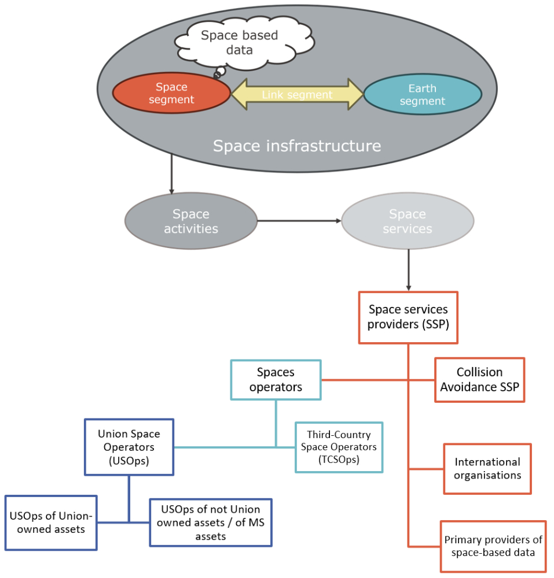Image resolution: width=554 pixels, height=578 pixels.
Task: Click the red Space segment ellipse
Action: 171,94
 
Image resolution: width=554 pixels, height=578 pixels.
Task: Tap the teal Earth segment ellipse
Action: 423,95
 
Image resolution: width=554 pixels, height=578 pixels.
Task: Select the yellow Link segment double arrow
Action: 297,94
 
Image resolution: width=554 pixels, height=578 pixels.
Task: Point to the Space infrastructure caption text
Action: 296,145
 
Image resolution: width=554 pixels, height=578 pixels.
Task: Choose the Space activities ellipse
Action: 190,221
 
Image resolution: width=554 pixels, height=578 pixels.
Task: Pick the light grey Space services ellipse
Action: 408,221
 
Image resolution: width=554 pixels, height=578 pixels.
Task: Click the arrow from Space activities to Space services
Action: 299,221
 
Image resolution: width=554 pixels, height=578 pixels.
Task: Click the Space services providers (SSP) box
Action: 408,317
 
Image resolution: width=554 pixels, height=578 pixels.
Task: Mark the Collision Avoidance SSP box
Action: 479,380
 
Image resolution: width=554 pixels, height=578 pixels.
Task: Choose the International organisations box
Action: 487,469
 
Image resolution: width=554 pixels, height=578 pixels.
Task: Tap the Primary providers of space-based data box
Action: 493,546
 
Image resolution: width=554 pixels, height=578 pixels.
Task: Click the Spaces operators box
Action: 276,380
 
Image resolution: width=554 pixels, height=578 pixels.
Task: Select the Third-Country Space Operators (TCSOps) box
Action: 339,447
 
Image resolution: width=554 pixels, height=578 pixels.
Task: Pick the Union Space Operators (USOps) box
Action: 129,447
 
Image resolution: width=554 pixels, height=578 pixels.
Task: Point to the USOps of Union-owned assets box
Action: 50,523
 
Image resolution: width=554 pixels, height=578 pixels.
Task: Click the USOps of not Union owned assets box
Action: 210,523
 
